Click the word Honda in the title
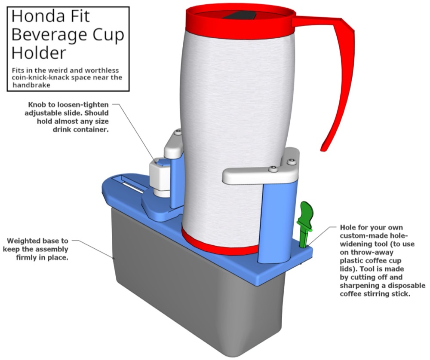click(x=37, y=16)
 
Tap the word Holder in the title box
click(x=39, y=52)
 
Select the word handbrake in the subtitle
click(x=31, y=85)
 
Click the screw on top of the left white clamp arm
click(x=178, y=132)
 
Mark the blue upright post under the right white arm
click(x=278, y=222)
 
